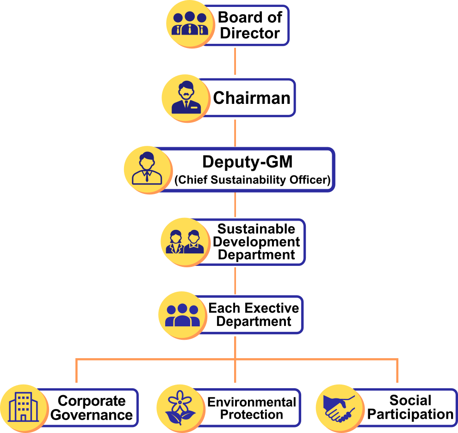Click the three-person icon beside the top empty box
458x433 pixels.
point(190,24)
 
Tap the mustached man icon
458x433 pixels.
point(186,98)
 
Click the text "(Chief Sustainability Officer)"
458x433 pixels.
point(253,180)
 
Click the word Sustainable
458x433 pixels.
point(256,229)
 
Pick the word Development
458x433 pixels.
point(257,242)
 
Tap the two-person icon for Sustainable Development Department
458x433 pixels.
point(185,242)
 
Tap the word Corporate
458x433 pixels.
point(92,401)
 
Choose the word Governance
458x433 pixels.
point(92,415)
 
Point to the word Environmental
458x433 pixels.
point(252,402)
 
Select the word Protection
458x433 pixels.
point(252,415)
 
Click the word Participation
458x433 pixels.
point(410,415)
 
